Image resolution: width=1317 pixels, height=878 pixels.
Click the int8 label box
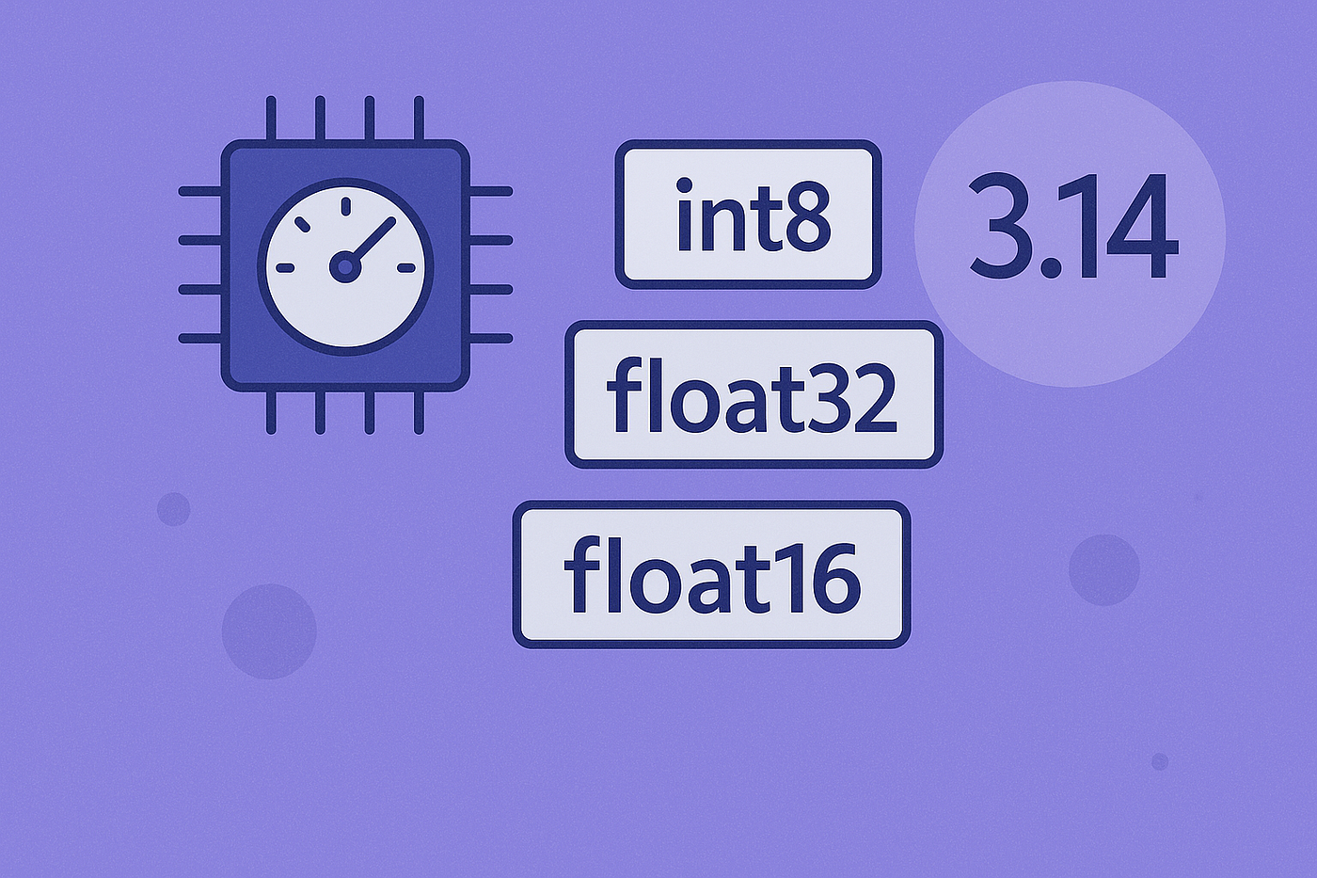tap(748, 215)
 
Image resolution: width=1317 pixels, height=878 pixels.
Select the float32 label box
tap(754, 394)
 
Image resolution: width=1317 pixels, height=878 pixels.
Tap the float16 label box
tap(711, 575)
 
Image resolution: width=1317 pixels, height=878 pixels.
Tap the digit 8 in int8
tap(805, 216)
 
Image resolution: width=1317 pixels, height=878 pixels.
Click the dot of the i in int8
tap(685, 185)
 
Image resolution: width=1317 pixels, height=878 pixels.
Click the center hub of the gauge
tap(346, 267)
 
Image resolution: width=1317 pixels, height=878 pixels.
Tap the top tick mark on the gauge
tap(346, 206)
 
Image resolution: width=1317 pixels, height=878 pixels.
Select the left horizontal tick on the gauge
tap(285, 268)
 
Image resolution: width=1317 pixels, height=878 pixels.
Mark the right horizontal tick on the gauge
tap(406, 268)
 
